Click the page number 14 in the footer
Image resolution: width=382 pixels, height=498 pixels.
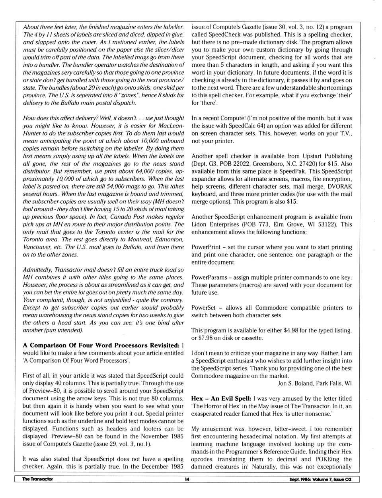187,479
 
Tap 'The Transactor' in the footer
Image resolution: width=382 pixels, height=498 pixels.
37,479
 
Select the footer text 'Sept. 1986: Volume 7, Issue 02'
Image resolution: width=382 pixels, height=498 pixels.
320,479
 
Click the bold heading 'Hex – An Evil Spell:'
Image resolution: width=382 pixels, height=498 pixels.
221,399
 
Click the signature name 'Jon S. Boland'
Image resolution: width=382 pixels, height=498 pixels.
295,383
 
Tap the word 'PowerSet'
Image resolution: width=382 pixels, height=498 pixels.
203,308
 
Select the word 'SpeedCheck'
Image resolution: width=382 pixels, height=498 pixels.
224,35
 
